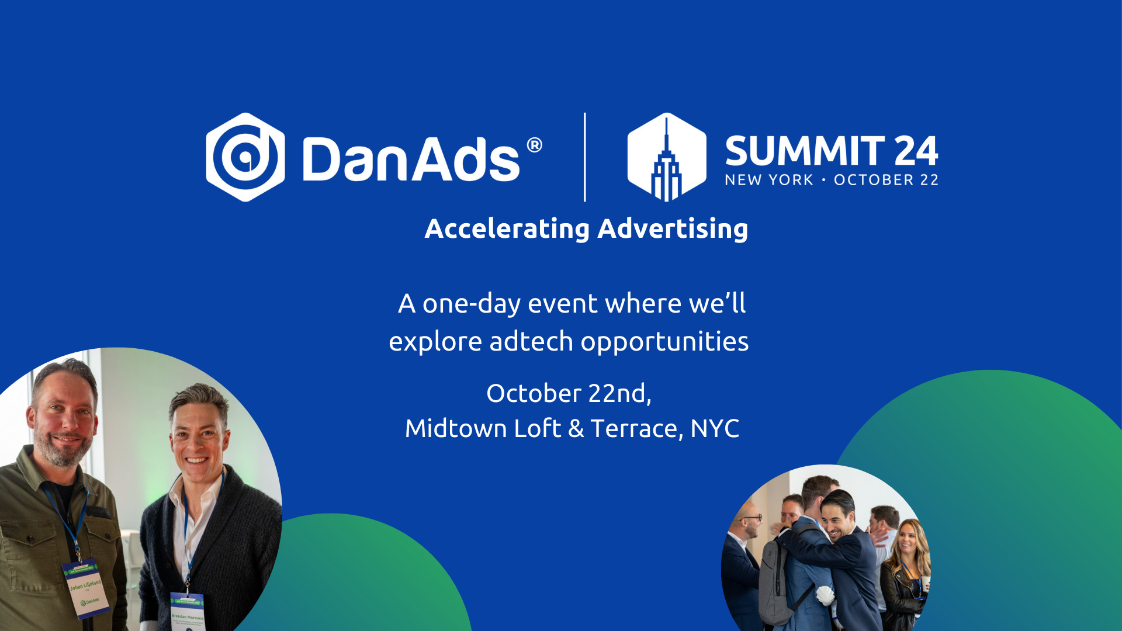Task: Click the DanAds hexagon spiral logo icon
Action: [245, 157]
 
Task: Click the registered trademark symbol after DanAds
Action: [534, 145]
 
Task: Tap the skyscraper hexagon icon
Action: [666, 157]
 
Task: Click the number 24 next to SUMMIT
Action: [916, 151]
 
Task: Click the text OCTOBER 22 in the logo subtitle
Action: [886, 180]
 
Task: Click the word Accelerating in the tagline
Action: [507, 228]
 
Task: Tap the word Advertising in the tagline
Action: [673, 228]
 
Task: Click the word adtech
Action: [531, 342]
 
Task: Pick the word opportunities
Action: [664, 342]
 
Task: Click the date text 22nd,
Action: [619, 393]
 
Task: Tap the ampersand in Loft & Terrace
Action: [576, 429]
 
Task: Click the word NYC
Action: [715, 429]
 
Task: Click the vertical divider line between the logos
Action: [585, 157]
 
